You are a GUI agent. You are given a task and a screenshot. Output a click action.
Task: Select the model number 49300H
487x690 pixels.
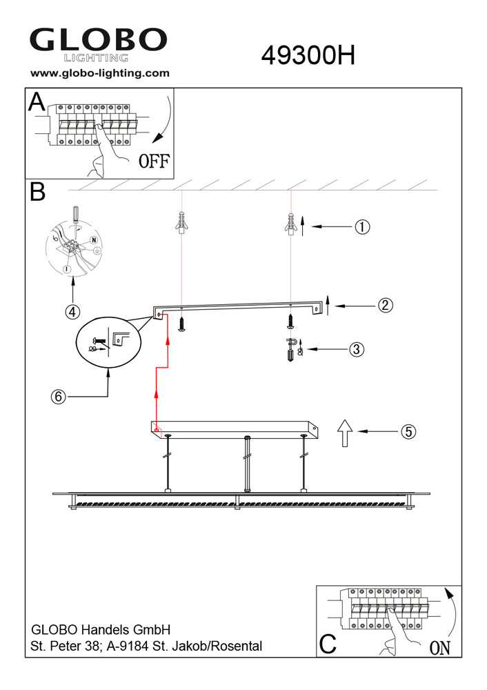pos(308,56)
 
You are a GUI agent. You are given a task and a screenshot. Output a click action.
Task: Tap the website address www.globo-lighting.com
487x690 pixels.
pos(100,73)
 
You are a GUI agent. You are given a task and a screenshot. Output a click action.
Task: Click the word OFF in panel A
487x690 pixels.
pos(154,161)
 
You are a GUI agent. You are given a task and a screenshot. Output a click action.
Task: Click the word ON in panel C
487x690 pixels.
pos(440,648)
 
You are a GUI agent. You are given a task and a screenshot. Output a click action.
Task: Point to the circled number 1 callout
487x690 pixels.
pos(362,227)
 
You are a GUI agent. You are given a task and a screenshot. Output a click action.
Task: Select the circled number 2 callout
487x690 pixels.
pos(386,305)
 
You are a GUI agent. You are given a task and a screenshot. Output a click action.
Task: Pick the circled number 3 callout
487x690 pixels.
pos(357,349)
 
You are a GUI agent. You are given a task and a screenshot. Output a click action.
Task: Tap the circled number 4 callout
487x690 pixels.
pos(72,312)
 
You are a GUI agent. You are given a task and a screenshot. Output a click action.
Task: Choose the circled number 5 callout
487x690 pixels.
pos(408,432)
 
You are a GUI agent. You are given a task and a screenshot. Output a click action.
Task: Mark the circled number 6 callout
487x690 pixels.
pos(59,397)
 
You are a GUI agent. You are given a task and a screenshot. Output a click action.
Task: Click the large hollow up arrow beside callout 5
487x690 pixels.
pos(345,433)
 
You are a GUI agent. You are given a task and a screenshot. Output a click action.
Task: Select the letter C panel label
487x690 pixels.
pos(328,644)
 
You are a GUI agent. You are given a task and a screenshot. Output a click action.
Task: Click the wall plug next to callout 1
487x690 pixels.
pos(290,224)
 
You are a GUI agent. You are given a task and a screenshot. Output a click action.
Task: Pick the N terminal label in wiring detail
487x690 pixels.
pos(93,240)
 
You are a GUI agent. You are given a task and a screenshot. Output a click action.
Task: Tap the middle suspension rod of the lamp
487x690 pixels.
pos(248,464)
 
